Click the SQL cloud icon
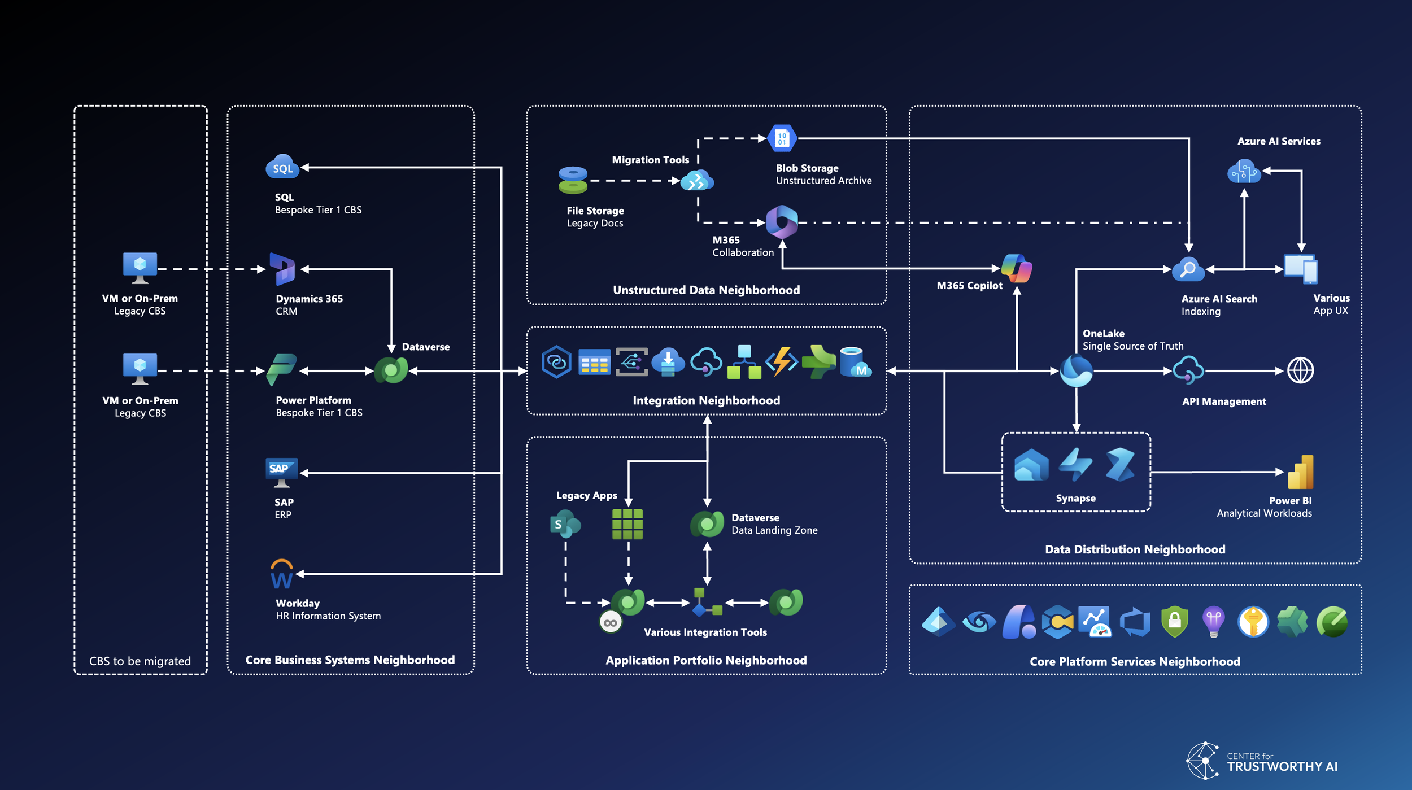282,167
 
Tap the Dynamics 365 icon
282,269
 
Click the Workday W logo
281,574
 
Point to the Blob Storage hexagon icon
782,138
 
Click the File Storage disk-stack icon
573,180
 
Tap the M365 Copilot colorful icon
1016,268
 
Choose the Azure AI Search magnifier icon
1188,269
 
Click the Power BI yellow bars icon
1300,472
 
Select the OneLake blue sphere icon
1076,371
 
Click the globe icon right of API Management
1300,371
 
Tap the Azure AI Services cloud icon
1244,171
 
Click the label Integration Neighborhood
706,400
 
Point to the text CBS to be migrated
140,661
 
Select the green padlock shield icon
1174,622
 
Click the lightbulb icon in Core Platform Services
1213,622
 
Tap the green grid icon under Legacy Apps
627,524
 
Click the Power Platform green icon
281,370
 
